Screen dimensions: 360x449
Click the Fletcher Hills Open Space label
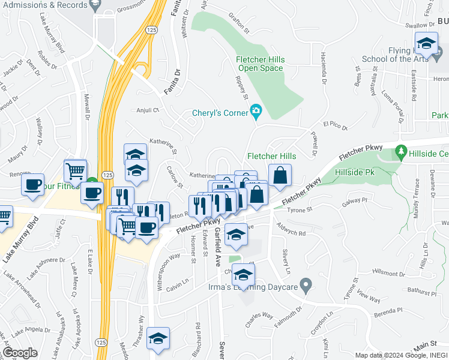point(260,64)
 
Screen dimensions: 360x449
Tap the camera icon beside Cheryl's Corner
point(256,110)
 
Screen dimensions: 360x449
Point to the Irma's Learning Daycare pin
point(306,284)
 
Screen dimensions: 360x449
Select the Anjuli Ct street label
point(146,110)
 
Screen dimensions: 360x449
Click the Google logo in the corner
point(20,353)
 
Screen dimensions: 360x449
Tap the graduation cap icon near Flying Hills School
point(426,44)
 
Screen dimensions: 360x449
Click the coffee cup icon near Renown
point(33,184)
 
